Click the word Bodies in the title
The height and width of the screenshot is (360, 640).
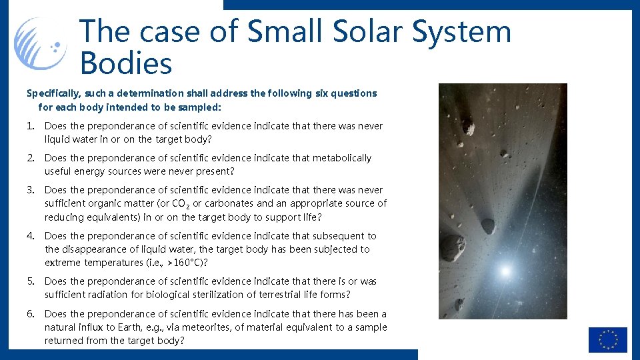click(125, 64)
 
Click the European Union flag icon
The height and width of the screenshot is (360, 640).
click(607, 339)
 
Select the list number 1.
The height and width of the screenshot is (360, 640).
click(31, 126)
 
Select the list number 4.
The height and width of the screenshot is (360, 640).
click(31, 236)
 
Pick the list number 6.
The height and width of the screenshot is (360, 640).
click(31, 314)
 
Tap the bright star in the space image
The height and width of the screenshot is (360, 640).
click(505, 271)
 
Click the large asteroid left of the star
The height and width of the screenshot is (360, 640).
click(453, 247)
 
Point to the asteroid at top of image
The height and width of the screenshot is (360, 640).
click(468, 127)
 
